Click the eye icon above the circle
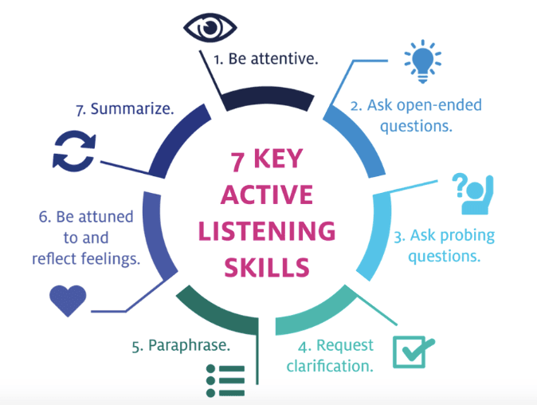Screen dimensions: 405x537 pyautogui.click(x=210, y=26)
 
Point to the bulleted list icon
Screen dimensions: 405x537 pyautogui.click(x=225, y=380)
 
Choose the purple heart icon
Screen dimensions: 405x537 pyautogui.click(x=67, y=300)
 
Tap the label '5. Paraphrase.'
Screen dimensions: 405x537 pyautogui.click(x=181, y=347)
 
